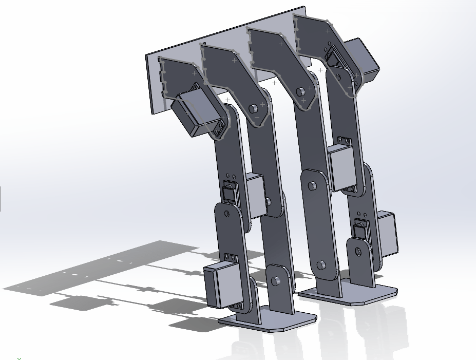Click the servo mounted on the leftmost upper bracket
click(191, 113)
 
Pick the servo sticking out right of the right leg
click(388, 234)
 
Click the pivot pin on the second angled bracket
click(253, 109)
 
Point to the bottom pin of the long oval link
click(321, 265)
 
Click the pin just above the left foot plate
click(276, 280)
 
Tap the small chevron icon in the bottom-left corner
click(19, 358)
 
